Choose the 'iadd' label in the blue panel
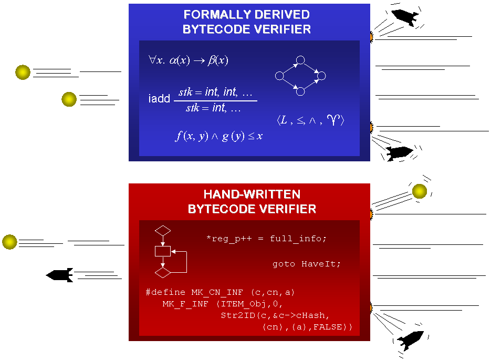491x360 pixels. (159, 99)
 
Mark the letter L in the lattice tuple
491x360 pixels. (284, 120)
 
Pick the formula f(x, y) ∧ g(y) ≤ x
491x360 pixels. (219, 136)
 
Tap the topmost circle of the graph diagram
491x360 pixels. (300, 60)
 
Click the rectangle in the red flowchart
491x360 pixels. (163, 251)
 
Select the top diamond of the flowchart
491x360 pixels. (163, 230)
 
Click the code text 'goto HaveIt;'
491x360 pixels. (307, 264)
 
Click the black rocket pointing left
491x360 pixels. (59, 274)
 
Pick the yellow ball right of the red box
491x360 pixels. (419, 191)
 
